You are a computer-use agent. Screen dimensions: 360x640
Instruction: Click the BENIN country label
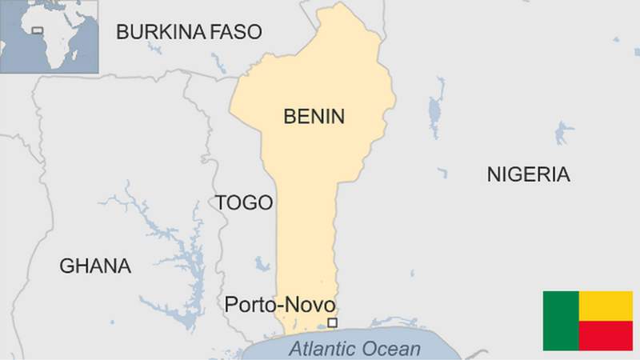point(314,117)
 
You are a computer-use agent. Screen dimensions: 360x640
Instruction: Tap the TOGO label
point(244,203)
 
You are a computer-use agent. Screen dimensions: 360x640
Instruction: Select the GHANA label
point(95,266)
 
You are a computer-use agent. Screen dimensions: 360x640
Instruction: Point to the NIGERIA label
point(528,175)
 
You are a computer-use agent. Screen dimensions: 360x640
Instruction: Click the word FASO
point(235,32)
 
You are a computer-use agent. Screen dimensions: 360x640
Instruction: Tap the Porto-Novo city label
point(279,305)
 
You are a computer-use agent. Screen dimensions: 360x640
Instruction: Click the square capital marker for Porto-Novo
point(333,322)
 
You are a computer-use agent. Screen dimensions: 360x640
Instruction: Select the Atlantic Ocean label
point(354,349)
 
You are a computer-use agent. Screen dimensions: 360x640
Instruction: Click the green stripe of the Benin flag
point(560,321)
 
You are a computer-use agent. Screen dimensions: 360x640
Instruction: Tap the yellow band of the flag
point(605,306)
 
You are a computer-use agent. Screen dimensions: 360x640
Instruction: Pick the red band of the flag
point(605,335)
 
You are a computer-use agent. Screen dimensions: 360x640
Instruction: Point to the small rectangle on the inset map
point(37,31)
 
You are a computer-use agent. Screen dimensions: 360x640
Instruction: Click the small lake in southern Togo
point(262,262)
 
